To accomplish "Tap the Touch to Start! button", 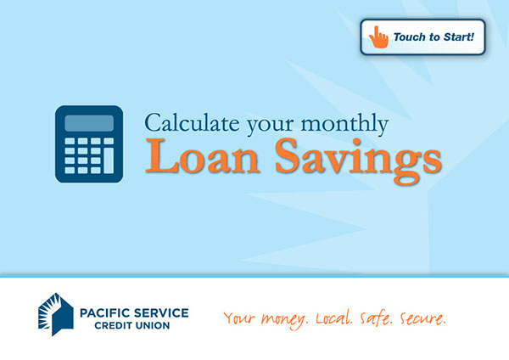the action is [x=422, y=37].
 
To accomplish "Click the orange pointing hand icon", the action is [x=378, y=37].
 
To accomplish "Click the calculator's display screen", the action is [x=89, y=123].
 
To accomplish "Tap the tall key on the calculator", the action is [x=109, y=160].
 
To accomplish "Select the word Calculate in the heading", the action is [x=192, y=123].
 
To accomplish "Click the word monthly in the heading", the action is [x=344, y=124].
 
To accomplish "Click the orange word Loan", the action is [x=202, y=156].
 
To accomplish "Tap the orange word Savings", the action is [x=358, y=160].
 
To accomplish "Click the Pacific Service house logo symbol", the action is [x=56, y=314].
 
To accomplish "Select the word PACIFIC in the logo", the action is [x=104, y=313].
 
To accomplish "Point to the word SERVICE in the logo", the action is [x=161, y=313].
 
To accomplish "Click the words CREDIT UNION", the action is [x=132, y=325].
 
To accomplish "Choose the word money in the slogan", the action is [x=284, y=319].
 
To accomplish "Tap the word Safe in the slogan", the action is [x=376, y=318].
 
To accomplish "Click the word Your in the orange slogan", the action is [x=239, y=318].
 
